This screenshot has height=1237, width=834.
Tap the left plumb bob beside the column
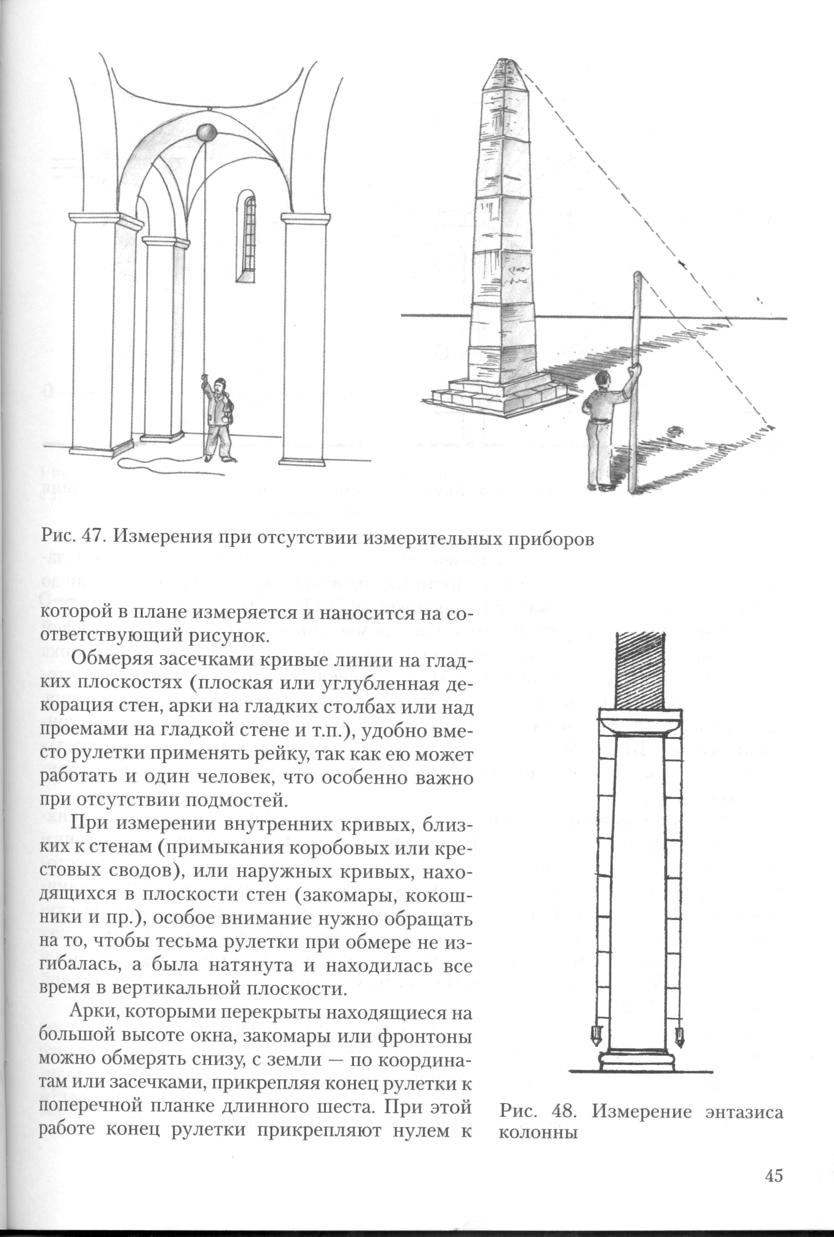(x=595, y=1034)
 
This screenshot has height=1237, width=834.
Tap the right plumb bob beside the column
(x=679, y=1034)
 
